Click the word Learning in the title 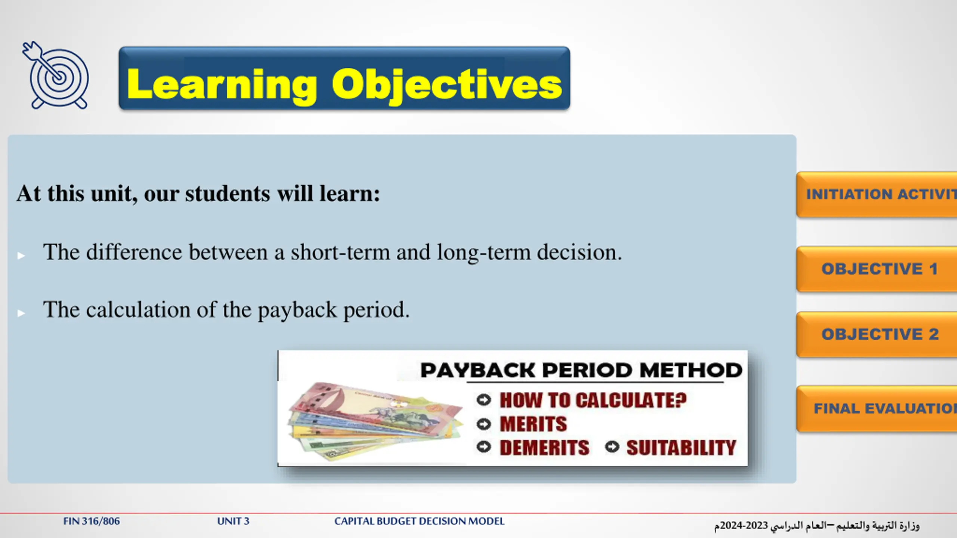coord(222,86)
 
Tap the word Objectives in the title coord(447,86)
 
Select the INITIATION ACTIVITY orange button coord(877,195)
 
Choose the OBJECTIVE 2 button coord(877,334)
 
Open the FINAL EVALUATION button coord(877,409)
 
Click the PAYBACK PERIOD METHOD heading coord(581,370)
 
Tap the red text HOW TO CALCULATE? coord(593,400)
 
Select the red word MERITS coord(533,424)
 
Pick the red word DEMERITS coord(545,448)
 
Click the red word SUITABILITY coord(681,448)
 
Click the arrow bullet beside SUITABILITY coord(612,447)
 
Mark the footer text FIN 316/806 coord(92,521)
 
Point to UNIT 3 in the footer coord(233,521)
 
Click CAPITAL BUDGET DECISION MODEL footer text coord(419,521)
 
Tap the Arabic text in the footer coord(817,526)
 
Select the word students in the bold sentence coord(228,194)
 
